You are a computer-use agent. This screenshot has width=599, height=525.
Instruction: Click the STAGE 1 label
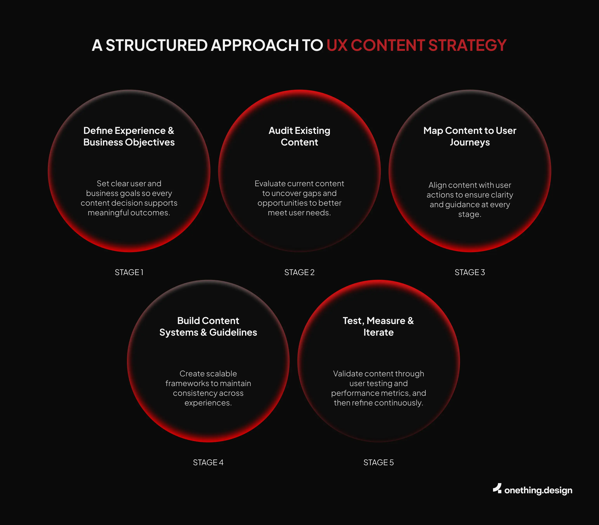click(129, 272)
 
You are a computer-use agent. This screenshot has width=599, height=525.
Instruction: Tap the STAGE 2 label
click(299, 272)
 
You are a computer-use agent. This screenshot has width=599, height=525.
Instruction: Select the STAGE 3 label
click(470, 272)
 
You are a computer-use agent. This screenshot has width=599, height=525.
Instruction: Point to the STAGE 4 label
click(208, 463)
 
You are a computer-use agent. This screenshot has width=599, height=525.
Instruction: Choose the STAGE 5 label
click(378, 463)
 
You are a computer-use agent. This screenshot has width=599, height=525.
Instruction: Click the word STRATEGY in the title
click(467, 45)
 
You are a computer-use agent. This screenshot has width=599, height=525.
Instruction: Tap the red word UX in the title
click(337, 45)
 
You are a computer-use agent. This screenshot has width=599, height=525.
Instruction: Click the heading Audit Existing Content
click(299, 136)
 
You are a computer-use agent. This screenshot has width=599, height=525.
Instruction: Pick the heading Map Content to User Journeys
click(470, 136)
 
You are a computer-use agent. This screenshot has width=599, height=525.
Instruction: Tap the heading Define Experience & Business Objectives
click(129, 136)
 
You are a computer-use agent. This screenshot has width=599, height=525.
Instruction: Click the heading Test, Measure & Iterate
click(378, 326)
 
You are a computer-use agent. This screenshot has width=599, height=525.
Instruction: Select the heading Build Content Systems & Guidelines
click(208, 326)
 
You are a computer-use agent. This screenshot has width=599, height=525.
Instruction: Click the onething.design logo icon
click(497, 489)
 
